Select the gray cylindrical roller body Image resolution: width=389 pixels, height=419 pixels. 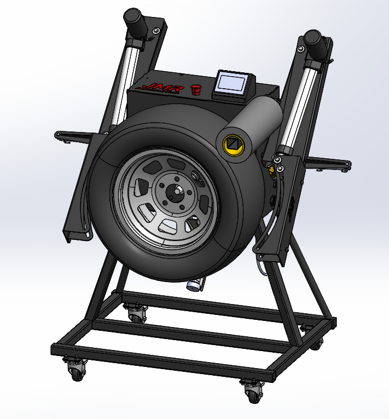tap(260, 120)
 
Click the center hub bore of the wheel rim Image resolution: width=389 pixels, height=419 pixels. tap(176, 192)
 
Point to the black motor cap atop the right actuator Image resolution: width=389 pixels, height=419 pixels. tap(313, 40)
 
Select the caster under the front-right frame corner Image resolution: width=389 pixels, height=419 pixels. tap(253, 391)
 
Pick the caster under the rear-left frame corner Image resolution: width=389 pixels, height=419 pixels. tap(137, 313)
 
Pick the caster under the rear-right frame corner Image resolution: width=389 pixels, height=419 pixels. tap(316, 342)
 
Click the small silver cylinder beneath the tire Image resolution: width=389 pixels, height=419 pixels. tap(195, 284)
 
